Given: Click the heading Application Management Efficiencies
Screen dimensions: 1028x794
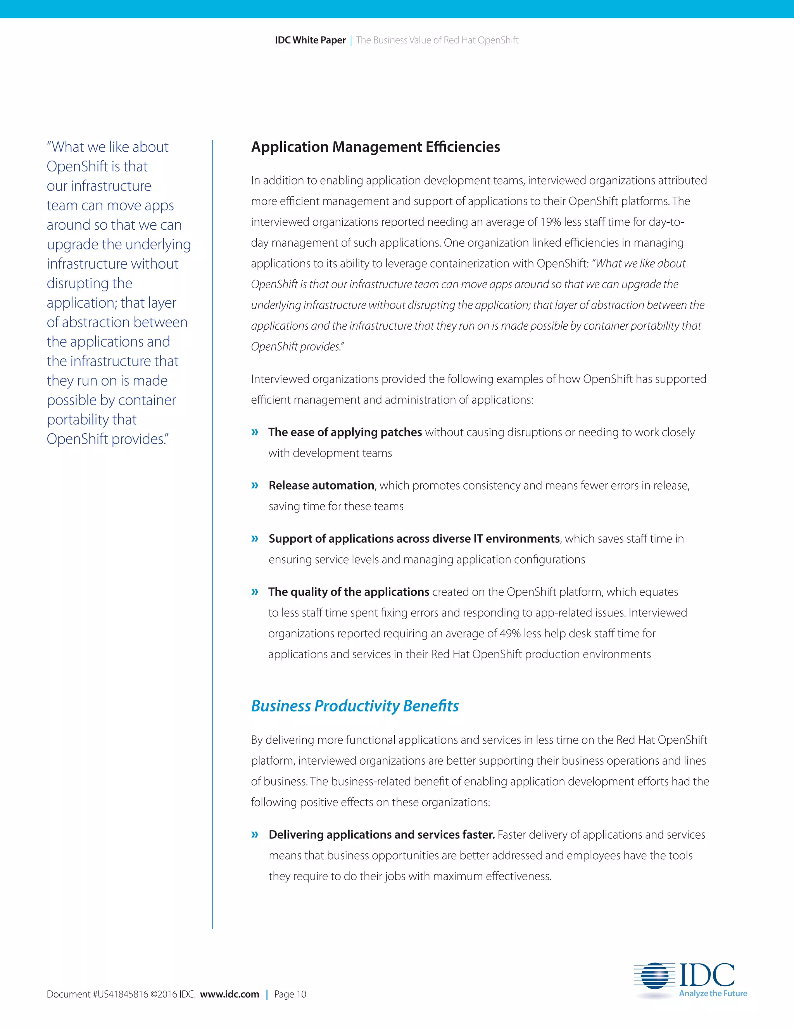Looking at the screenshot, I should point(375,147).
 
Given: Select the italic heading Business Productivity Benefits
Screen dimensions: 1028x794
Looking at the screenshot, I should point(355,706).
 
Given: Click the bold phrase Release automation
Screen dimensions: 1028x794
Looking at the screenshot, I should point(321,485).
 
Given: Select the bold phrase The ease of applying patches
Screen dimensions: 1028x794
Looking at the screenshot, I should point(345,432).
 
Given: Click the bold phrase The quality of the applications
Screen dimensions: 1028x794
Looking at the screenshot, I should point(349,592).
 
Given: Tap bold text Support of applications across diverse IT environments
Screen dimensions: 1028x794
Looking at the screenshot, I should point(414,538).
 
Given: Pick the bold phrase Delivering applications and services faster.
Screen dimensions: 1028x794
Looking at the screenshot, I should point(381,834).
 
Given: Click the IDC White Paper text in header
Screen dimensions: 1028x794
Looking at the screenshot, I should point(310,40).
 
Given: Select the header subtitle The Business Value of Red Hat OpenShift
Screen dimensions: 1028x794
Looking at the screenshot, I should point(437,40).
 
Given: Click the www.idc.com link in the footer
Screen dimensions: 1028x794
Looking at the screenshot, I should point(229,994).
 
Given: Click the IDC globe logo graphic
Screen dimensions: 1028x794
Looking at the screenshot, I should point(651,975).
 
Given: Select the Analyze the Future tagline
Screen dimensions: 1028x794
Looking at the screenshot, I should point(713,993).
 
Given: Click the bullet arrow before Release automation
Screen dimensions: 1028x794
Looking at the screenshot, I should point(255,485).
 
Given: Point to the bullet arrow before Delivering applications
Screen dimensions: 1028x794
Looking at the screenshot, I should point(255,834).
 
